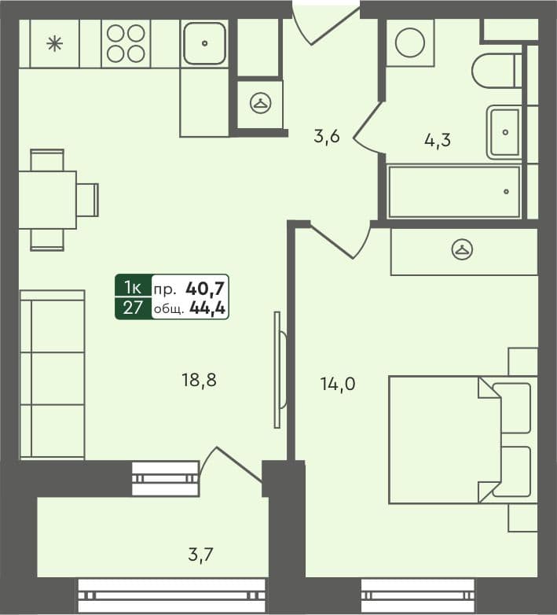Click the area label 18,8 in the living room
(x=198, y=381)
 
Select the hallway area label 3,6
(x=326, y=137)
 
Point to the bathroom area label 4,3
(x=437, y=141)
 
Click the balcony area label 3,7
(x=200, y=555)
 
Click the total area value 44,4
(x=207, y=308)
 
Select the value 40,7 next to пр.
(x=207, y=287)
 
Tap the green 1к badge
(x=133, y=286)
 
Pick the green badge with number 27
(x=133, y=307)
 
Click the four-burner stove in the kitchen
(x=126, y=43)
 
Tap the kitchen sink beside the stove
(x=204, y=43)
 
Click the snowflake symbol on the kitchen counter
(x=54, y=43)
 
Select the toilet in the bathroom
(x=495, y=70)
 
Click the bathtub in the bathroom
(x=454, y=191)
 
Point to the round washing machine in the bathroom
(x=409, y=42)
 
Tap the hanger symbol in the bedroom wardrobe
(x=463, y=251)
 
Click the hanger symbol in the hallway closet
(x=260, y=102)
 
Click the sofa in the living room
(x=52, y=374)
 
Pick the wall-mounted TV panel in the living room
(x=277, y=370)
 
